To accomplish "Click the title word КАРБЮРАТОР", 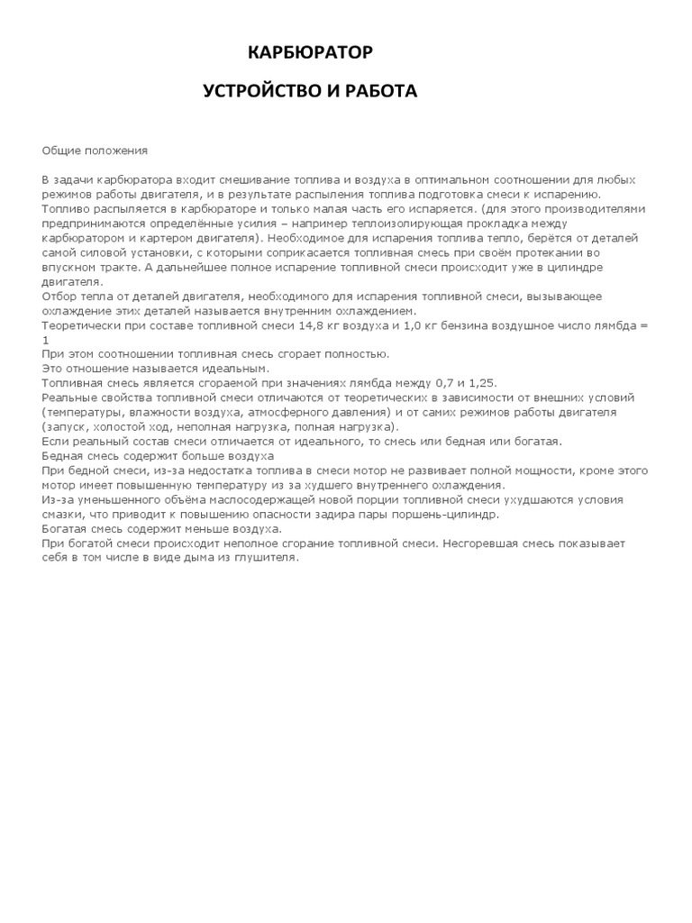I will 310,54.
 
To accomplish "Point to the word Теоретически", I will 79,322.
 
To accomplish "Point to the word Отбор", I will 59,296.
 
